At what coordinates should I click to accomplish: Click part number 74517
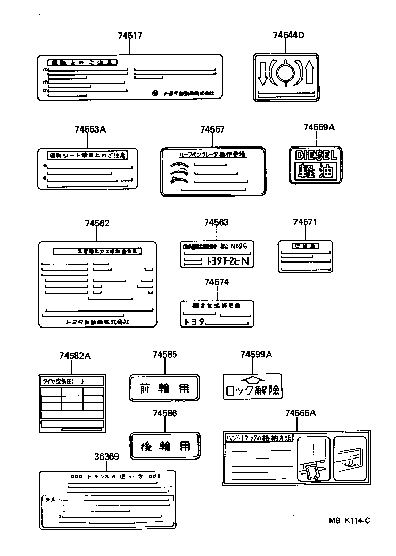[x=129, y=36]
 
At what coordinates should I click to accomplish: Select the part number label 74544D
[x=288, y=35]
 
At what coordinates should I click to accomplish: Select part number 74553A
[x=90, y=129]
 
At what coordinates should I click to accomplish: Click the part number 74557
[x=212, y=129]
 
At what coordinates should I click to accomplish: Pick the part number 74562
[x=97, y=223]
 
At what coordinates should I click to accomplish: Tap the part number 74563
[x=216, y=222]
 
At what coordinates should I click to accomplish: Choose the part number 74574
[x=217, y=282]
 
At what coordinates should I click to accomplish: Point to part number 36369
[x=107, y=456]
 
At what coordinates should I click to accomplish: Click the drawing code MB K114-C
[x=350, y=520]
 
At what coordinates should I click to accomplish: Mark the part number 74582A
[x=74, y=356]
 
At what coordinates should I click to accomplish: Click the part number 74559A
[x=319, y=127]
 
